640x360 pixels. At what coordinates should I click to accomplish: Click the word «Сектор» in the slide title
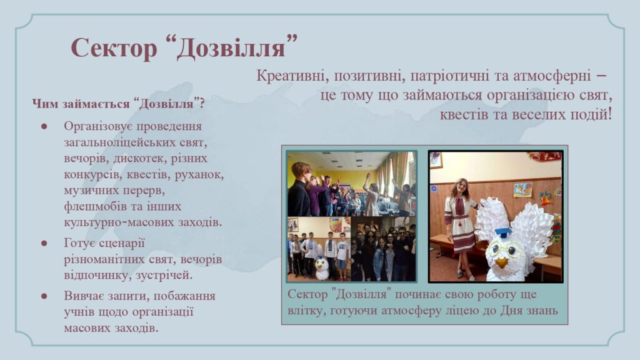click(114, 47)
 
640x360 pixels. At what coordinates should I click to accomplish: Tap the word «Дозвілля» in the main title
click(231, 47)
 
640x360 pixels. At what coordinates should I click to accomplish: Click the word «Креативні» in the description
click(291, 76)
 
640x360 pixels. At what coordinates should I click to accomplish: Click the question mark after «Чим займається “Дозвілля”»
click(202, 104)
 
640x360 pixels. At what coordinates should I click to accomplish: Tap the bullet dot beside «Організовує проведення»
click(44, 126)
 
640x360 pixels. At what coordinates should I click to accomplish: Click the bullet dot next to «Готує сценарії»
click(44, 243)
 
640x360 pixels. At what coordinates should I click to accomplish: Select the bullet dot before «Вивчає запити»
click(44, 296)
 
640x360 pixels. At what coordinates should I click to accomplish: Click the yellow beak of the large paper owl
click(501, 261)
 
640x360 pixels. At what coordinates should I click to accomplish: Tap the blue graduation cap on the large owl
click(502, 232)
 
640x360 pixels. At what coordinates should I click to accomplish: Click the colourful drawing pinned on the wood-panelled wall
click(523, 190)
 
